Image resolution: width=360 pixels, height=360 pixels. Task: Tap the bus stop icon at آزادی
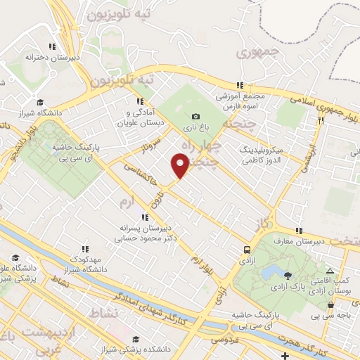click(247, 250)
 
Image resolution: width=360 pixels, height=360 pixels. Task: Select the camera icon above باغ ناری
click(195, 116)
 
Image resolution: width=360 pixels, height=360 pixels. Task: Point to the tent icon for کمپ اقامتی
click(330, 271)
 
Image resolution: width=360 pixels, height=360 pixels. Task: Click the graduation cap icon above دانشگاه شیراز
click(39, 101)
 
